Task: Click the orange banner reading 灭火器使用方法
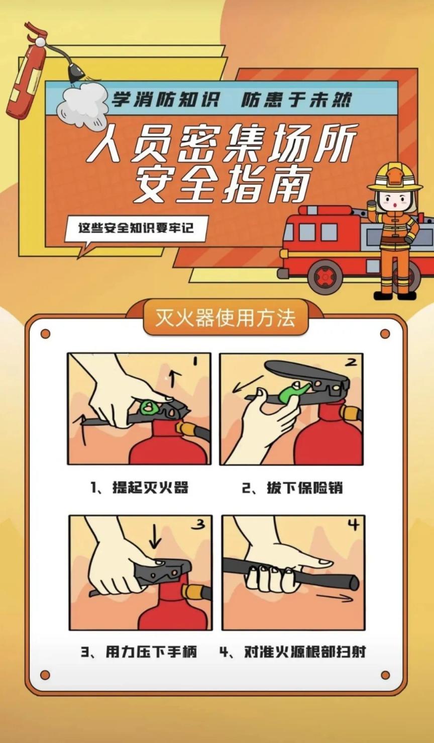point(226,318)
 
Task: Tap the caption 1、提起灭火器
point(140,488)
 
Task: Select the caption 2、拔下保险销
point(292,488)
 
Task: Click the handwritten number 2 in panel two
point(351,362)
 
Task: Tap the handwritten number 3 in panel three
point(198,524)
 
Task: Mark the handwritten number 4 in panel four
point(354,525)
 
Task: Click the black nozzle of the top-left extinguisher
point(75,73)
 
